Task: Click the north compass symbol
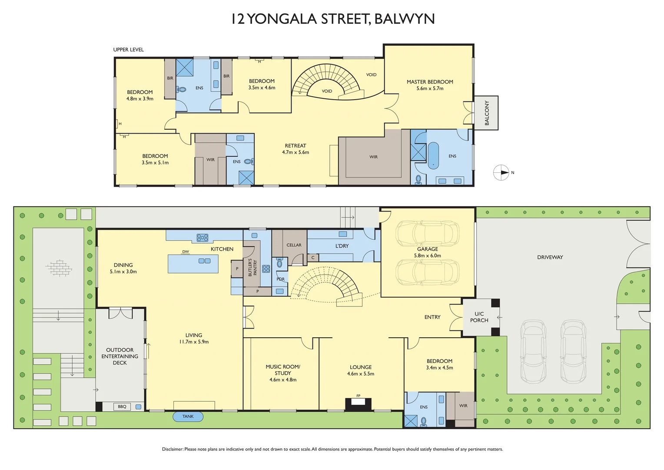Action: click(x=501, y=173)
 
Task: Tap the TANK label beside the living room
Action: click(x=188, y=416)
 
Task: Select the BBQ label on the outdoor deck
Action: click(x=122, y=407)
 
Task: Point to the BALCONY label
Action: click(x=487, y=113)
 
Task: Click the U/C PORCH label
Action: click(x=479, y=317)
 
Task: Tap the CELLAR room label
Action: click(x=294, y=245)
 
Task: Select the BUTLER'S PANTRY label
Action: click(x=252, y=267)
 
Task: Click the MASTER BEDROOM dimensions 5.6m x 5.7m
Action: click(x=430, y=88)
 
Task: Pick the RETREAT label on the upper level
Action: click(x=295, y=146)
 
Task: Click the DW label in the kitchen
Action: click(x=186, y=252)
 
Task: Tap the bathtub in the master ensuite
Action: click(x=433, y=155)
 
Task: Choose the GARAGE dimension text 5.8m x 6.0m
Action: click(x=428, y=256)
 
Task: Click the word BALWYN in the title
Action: click(x=404, y=19)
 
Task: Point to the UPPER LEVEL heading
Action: click(x=128, y=50)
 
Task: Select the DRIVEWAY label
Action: click(x=550, y=257)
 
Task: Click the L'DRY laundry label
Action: click(x=342, y=246)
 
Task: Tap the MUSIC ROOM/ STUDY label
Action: click(x=283, y=370)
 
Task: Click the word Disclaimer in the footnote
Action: click(x=173, y=449)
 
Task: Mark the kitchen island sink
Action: click(x=204, y=261)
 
